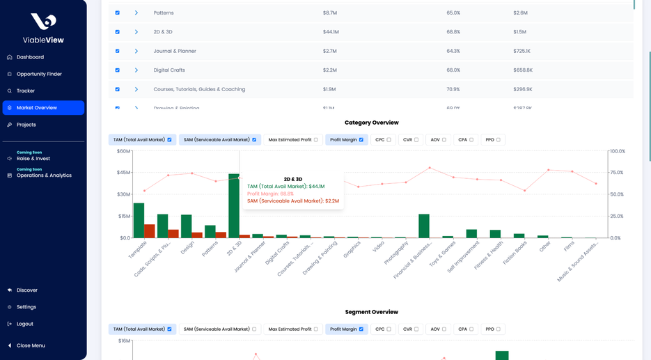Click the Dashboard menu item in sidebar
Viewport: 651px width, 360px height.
click(x=30, y=57)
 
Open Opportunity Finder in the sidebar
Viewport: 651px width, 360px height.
click(x=39, y=74)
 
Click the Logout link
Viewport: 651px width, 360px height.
click(x=24, y=324)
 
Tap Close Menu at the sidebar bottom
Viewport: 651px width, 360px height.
click(x=31, y=345)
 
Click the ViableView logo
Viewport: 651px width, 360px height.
click(x=43, y=29)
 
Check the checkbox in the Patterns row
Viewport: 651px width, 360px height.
click(x=117, y=13)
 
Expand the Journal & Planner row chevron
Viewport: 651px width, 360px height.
click(x=136, y=51)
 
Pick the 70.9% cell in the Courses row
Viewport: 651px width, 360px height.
click(x=453, y=89)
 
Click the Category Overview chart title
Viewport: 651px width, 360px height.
click(x=371, y=123)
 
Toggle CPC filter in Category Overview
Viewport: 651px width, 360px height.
click(x=384, y=140)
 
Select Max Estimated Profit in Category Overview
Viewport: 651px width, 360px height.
click(x=292, y=140)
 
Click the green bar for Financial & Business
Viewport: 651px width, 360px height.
click(x=424, y=226)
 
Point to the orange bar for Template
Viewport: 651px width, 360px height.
click(x=150, y=231)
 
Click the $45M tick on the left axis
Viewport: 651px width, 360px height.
click(x=123, y=173)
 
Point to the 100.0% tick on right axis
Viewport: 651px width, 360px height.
click(x=618, y=151)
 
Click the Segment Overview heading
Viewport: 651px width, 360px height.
click(x=371, y=312)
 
